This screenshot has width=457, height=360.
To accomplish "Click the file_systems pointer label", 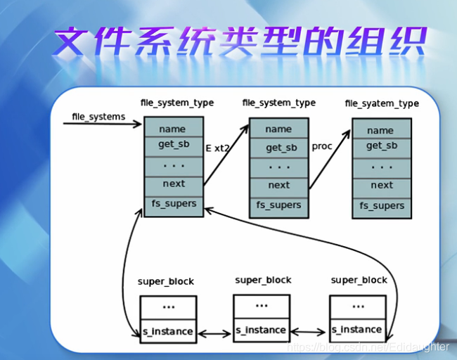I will coord(98,116).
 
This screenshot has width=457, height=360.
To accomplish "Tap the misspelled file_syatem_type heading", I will coord(382,103).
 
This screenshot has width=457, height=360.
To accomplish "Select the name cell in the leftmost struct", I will coord(172,129).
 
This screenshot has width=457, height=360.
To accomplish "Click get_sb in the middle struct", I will coord(278,148).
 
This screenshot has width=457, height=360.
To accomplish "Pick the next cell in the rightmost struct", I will coord(382,185).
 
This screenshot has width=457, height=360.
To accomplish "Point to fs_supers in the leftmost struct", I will coord(172,204).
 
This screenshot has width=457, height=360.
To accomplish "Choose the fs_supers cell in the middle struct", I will coord(278,205).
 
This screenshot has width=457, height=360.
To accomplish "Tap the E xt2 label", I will coord(218,148).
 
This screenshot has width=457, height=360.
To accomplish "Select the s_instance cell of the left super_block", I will coord(168,330).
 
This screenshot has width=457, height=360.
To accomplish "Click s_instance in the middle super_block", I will coord(261,330).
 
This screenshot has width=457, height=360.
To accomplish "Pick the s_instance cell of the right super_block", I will coord(357,329).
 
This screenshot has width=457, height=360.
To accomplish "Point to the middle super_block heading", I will coord(263,280).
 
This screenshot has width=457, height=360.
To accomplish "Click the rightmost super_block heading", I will coord(359,280).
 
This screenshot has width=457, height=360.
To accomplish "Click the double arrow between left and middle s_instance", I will coord(214,331).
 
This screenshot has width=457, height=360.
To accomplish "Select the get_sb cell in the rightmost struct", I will coord(382,146).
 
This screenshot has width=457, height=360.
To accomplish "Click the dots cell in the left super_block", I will coord(168,307).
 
